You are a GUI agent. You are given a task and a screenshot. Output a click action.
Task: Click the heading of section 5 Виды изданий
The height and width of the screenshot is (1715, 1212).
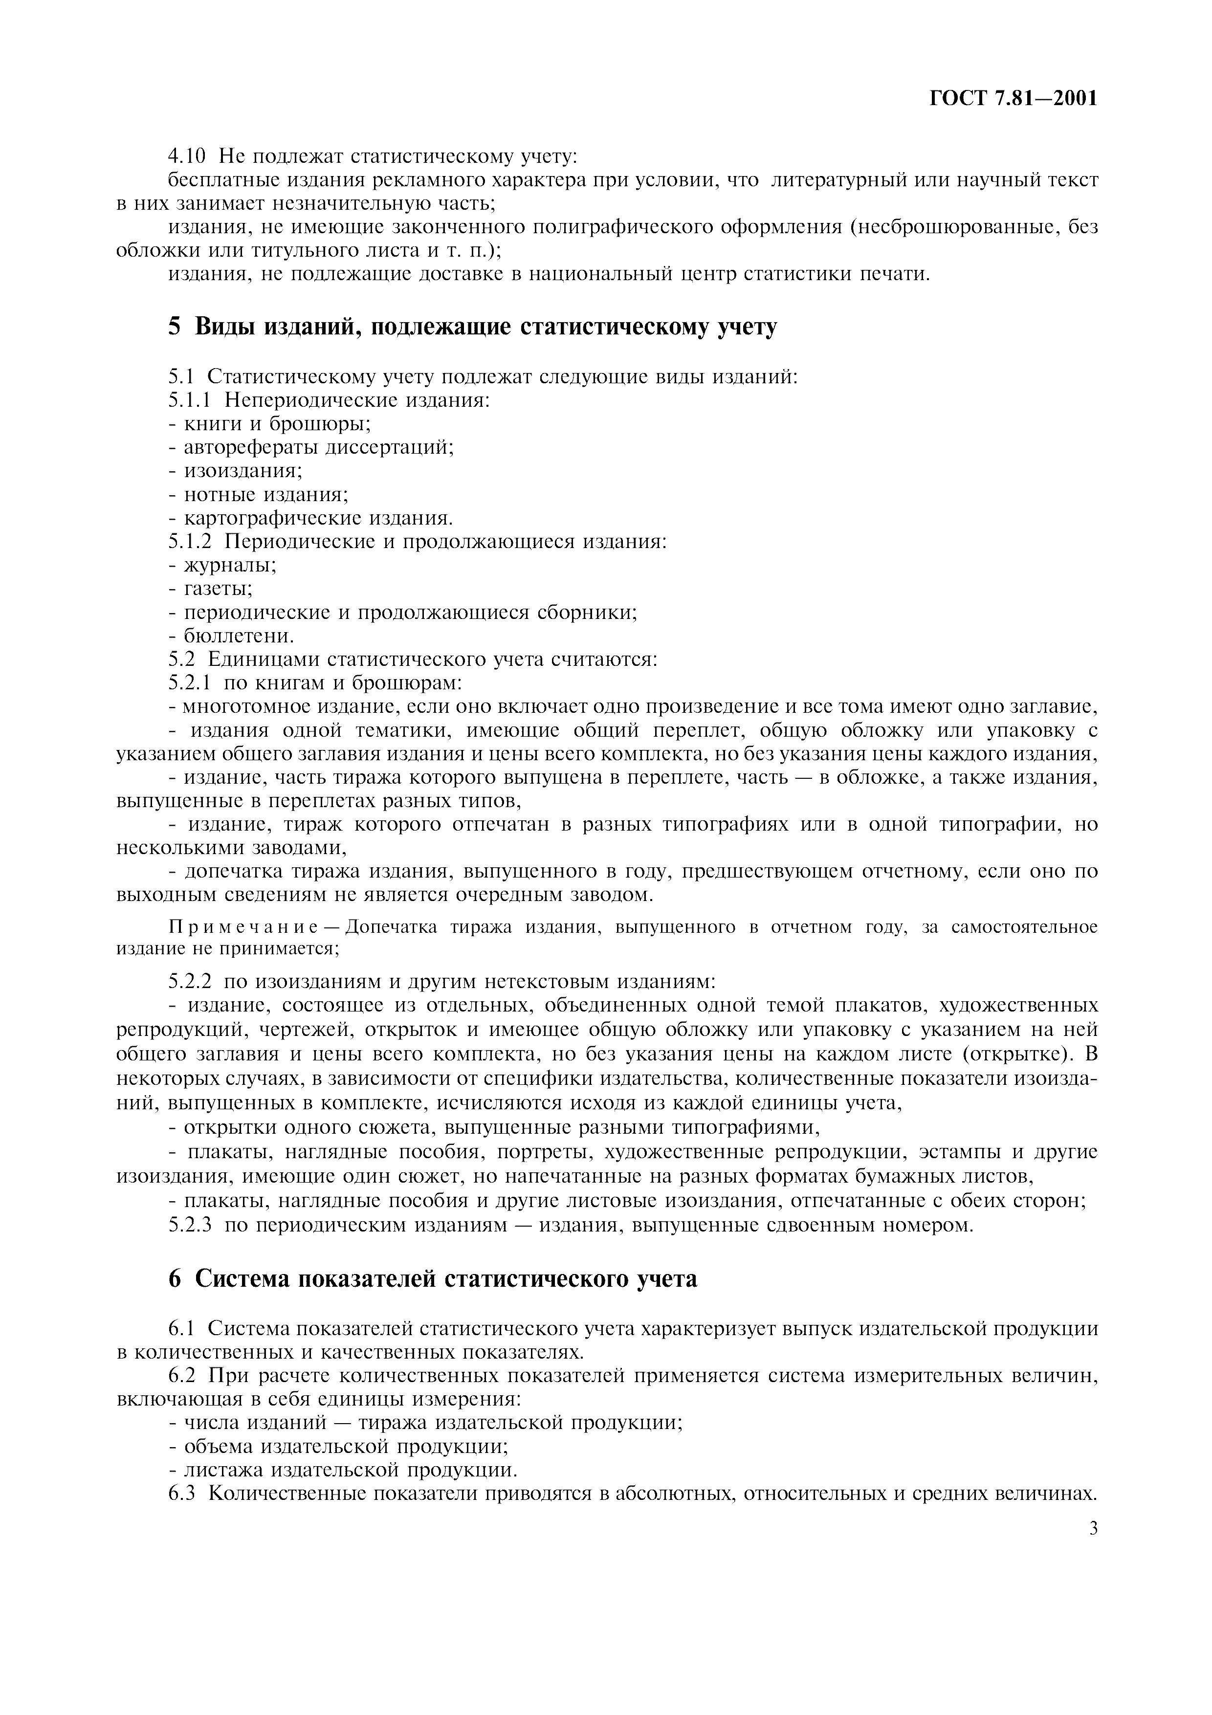(x=472, y=327)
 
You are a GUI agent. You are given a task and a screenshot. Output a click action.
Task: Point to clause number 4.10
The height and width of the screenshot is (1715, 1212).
(x=185, y=156)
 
